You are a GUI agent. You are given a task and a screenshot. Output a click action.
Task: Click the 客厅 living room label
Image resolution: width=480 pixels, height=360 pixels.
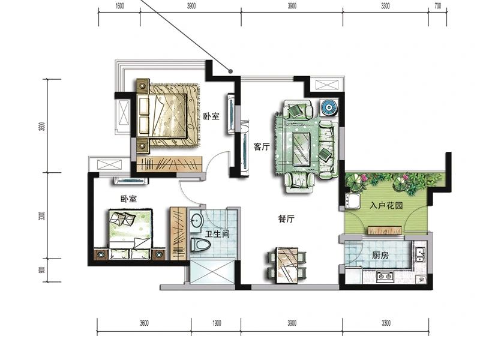[262, 147]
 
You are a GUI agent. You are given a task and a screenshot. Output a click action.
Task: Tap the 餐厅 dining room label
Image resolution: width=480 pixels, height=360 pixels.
[287, 219]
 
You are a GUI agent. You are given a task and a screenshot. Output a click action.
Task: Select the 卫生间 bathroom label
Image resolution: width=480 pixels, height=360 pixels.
[217, 234]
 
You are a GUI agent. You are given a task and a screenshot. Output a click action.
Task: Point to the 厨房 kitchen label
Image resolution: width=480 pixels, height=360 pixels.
[380, 255]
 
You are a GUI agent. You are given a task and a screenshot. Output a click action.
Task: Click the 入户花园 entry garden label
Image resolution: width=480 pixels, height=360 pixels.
[386, 205]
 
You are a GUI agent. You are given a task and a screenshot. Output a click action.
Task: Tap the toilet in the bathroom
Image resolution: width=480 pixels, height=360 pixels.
[200, 245]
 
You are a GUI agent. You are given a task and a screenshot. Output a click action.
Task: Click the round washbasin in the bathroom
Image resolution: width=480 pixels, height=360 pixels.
[196, 220]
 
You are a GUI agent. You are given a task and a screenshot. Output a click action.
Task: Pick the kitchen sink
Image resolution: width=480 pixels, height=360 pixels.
[420, 254]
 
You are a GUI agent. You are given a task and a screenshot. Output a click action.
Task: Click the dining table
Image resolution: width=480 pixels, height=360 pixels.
[287, 265]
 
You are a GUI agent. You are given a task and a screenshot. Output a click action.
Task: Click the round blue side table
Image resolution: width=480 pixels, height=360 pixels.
[329, 107]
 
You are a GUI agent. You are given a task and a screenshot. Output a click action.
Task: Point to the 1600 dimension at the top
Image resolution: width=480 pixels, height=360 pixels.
[119, 6]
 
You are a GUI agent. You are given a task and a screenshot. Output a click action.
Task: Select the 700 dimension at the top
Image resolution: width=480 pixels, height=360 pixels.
[438, 6]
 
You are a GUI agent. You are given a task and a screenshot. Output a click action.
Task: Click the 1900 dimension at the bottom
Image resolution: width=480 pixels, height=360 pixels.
[216, 323]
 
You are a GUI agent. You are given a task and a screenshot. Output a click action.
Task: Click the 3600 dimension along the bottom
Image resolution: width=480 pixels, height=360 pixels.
[144, 323]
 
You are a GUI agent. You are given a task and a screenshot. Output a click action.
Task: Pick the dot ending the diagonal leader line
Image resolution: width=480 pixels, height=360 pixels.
[231, 71]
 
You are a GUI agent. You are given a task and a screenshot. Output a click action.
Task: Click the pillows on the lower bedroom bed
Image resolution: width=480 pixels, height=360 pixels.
[123, 218]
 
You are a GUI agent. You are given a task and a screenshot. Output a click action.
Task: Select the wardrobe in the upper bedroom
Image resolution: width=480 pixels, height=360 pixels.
[169, 164]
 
